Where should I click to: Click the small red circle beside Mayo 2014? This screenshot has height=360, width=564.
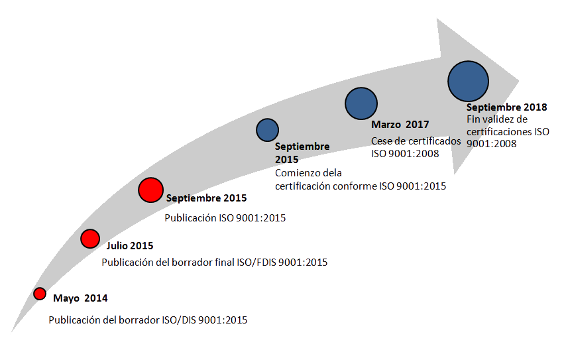(40, 294)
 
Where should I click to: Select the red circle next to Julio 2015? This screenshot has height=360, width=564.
(90, 239)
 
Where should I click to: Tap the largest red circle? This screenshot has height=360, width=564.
(150, 190)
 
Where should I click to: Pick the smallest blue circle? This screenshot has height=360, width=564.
(267, 130)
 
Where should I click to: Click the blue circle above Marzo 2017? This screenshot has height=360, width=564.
(361, 103)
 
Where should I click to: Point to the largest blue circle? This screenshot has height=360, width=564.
(469, 81)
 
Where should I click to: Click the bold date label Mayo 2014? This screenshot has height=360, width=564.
(80, 298)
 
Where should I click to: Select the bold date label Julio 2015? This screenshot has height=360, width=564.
(130, 246)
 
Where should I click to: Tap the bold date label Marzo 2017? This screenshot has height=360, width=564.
(400, 125)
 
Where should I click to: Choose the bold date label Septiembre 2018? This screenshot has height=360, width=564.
(506, 107)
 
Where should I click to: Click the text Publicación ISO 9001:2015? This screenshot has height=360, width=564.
(225, 218)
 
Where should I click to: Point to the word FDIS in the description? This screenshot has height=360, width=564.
(266, 263)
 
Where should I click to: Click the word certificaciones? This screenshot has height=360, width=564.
(499, 132)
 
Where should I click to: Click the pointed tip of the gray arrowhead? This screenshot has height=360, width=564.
(520, 81)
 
